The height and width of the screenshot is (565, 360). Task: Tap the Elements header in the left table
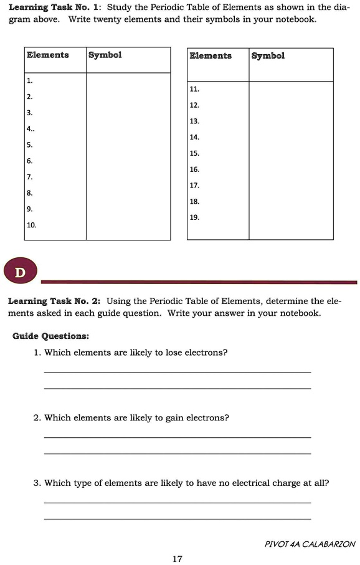pyautogui.click(x=48, y=55)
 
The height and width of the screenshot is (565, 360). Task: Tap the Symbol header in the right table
pyautogui.click(x=268, y=56)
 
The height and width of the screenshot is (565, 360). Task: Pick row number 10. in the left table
pyautogui.click(x=31, y=225)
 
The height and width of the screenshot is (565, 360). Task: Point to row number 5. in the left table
pyautogui.click(x=29, y=145)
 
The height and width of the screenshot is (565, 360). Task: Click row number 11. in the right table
pyautogui.click(x=194, y=89)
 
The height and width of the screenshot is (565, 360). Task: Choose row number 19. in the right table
pyautogui.click(x=194, y=217)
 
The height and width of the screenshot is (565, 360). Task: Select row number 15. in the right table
pyautogui.click(x=194, y=153)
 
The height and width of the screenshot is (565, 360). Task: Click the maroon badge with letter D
pyautogui.click(x=21, y=273)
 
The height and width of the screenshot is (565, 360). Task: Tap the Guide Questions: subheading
pyautogui.click(x=50, y=336)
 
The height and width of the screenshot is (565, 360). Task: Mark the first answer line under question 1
pyautogui.click(x=178, y=373)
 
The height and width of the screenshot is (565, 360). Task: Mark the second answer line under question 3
pyautogui.click(x=178, y=518)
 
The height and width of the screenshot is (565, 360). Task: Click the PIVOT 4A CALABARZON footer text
pyautogui.click(x=310, y=544)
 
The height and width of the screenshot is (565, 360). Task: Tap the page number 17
pyautogui.click(x=178, y=559)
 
